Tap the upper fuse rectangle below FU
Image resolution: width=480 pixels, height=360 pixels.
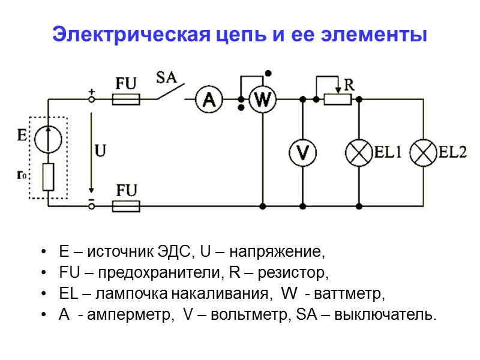126,99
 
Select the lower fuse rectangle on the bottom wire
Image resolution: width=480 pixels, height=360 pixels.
126,206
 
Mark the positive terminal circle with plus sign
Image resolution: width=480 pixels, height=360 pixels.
92,100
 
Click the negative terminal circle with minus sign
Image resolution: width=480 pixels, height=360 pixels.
92,206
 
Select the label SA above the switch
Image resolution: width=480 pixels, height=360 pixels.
166,77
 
